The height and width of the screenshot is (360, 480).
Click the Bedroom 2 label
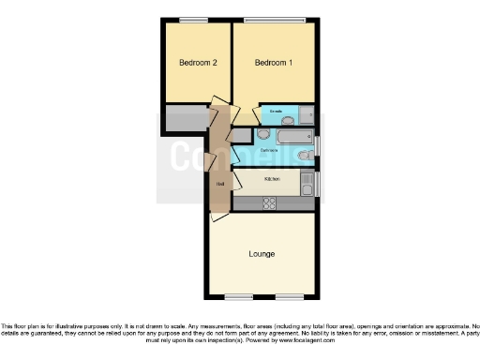(198, 63)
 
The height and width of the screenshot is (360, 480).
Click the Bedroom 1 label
(274, 63)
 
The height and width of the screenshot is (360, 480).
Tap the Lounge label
(262, 254)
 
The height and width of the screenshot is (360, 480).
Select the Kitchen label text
(272, 178)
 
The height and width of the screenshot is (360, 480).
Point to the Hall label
(219, 184)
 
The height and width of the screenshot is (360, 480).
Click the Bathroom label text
(269, 150)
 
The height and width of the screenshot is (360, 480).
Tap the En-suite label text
(276, 112)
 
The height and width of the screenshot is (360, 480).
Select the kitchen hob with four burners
(269, 202)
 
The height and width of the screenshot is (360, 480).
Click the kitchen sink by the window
(307, 182)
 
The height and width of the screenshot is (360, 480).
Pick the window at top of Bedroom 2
(194, 20)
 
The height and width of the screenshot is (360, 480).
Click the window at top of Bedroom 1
(274, 20)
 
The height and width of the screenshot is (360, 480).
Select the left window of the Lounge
(238, 297)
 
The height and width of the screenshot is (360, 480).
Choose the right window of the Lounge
(289, 297)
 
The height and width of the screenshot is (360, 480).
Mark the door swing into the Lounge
(218, 215)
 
